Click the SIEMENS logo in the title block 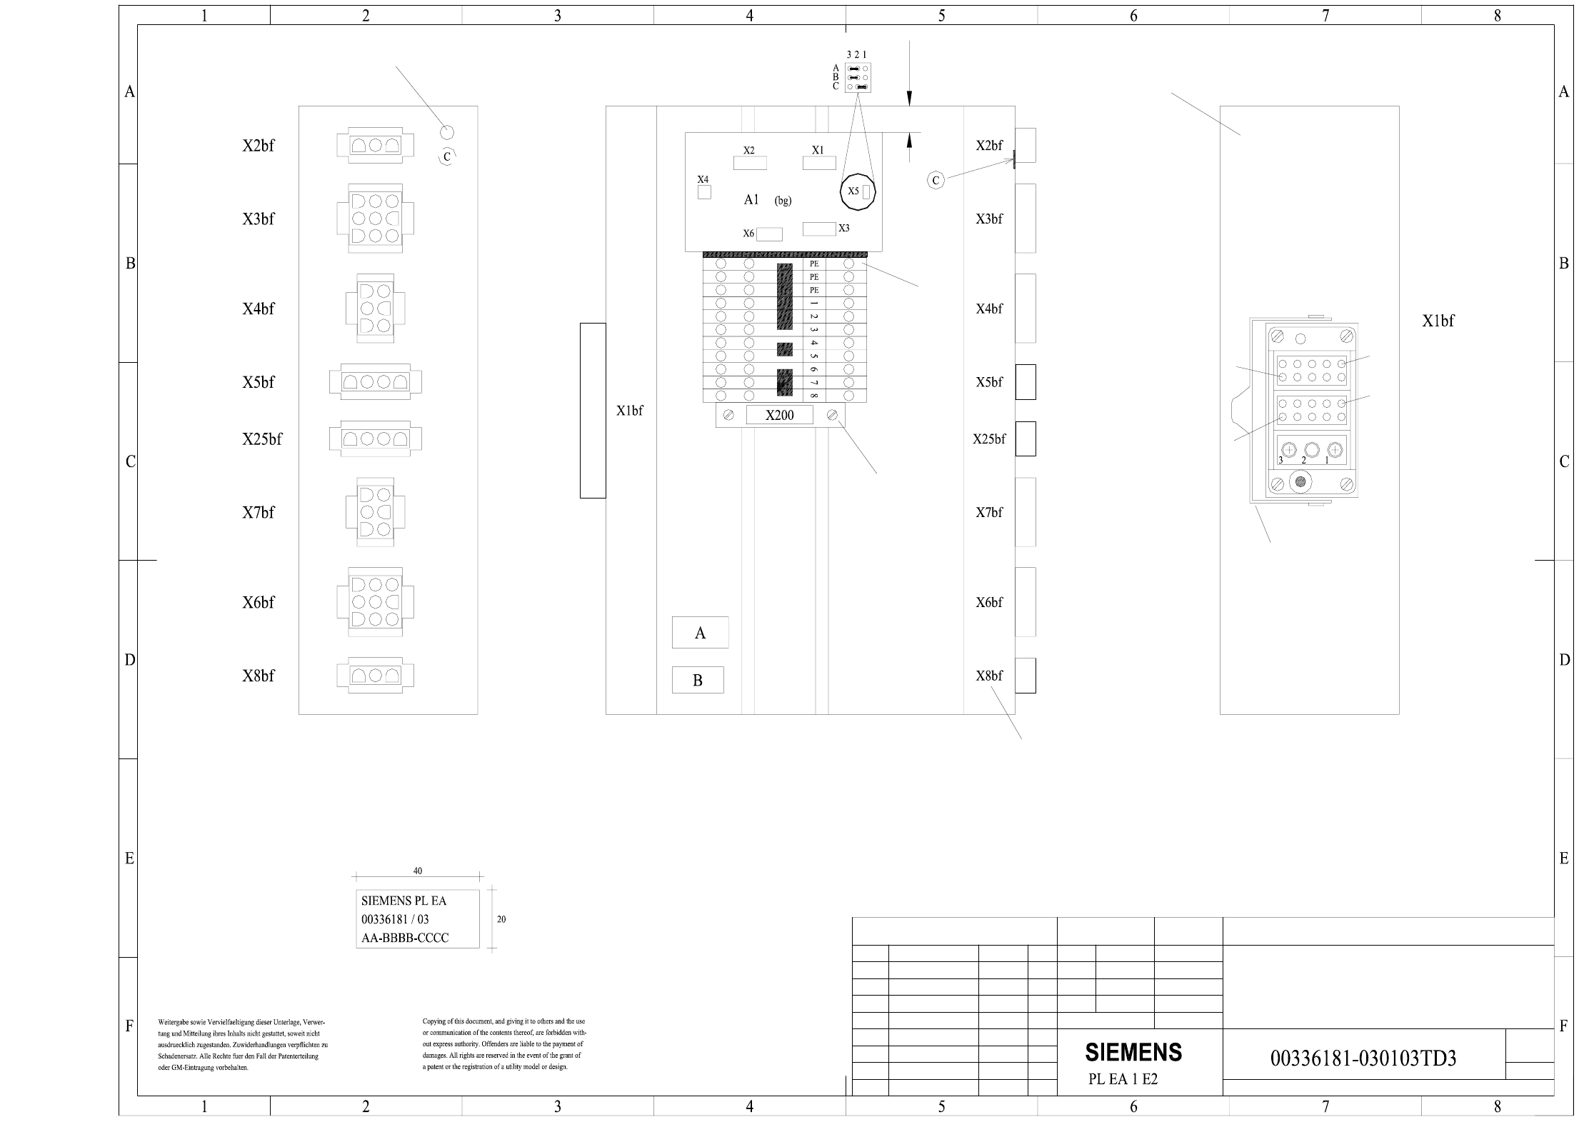click(x=1133, y=1052)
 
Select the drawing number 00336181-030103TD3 click(x=1363, y=1058)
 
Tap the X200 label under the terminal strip click(x=779, y=415)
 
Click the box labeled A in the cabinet click(x=700, y=633)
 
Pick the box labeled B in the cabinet click(x=698, y=680)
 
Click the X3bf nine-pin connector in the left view click(x=375, y=219)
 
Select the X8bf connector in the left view click(x=375, y=676)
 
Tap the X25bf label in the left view click(x=261, y=439)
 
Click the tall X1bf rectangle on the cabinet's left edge click(x=593, y=411)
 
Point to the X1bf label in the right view click(x=1438, y=321)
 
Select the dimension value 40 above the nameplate click(x=418, y=871)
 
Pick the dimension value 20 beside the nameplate click(x=501, y=919)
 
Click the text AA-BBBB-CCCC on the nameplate click(x=405, y=938)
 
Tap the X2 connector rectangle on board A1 click(x=750, y=163)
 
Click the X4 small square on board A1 click(x=704, y=192)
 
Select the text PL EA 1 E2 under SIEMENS click(x=1123, y=1079)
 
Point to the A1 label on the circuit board click(x=751, y=200)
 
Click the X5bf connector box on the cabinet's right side click(x=1026, y=382)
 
